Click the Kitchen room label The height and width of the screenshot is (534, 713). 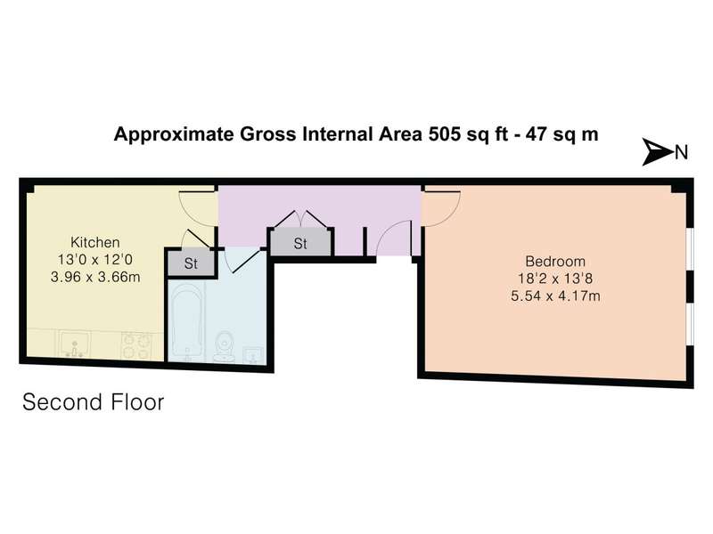[x=95, y=242]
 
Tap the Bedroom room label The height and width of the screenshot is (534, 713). [x=555, y=261]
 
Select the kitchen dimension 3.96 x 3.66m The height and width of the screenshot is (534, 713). [x=95, y=277]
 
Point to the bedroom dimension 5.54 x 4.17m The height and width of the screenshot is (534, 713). [x=555, y=296]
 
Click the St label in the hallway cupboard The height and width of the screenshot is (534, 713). [x=300, y=244]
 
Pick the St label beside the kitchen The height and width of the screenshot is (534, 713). [x=191, y=263]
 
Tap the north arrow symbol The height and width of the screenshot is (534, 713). [x=657, y=151]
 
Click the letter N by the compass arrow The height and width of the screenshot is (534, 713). [x=681, y=152]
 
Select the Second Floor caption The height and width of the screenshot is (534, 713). [x=94, y=402]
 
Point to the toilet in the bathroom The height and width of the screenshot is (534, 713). [x=225, y=346]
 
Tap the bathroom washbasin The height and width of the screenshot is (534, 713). [x=253, y=355]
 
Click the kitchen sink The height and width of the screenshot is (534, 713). [x=75, y=344]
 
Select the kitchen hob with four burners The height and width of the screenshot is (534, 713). [x=136, y=346]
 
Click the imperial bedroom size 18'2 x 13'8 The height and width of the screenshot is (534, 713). [x=555, y=279]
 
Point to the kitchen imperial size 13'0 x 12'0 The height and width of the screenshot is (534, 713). [x=95, y=259]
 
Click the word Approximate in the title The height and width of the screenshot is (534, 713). [x=174, y=135]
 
